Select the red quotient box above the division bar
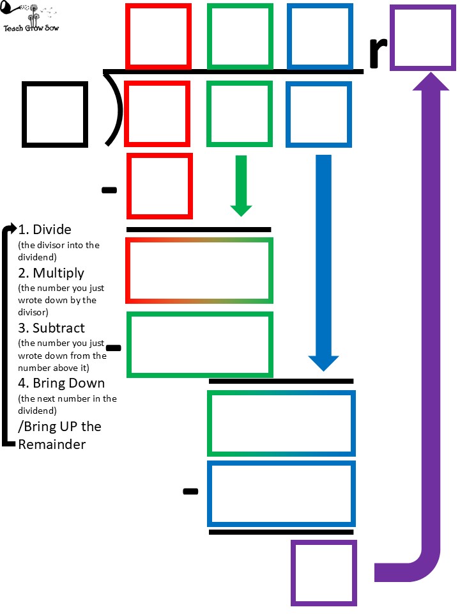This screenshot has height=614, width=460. point(158,36)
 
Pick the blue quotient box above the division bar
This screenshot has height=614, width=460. point(319,36)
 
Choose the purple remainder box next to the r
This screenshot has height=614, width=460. point(422,36)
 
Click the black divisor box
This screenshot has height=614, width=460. point(55,113)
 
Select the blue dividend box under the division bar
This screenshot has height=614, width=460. point(318,114)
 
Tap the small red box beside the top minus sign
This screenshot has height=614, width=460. point(160,185)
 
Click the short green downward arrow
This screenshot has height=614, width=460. point(241,185)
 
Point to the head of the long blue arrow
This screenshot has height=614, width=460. point(323,362)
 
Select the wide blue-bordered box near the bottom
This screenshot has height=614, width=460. point(281,492)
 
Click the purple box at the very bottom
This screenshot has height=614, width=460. point(324,573)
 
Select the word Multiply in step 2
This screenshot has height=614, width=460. point(59,273)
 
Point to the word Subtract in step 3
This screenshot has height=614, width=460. point(59,328)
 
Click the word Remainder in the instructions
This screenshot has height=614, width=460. point(52,444)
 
